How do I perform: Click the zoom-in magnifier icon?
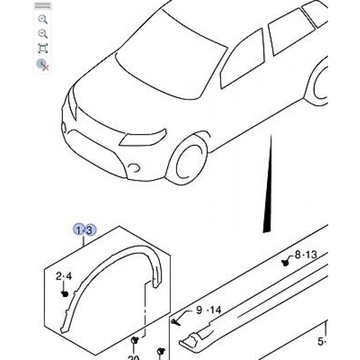pos(43,20)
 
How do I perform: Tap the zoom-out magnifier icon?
pos(43,34)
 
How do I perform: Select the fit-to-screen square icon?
pos(43,49)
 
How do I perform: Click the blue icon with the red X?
pos(42,64)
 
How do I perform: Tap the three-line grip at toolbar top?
pos(43,7)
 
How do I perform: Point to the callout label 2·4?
pos(64,277)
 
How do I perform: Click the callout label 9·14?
pos(208,310)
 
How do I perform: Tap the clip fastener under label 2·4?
pos(65,293)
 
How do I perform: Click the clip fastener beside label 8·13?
pos(285,263)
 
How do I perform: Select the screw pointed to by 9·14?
pos(175,323)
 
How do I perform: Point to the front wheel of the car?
pos(190,160)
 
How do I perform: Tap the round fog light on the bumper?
pos(134,168)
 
